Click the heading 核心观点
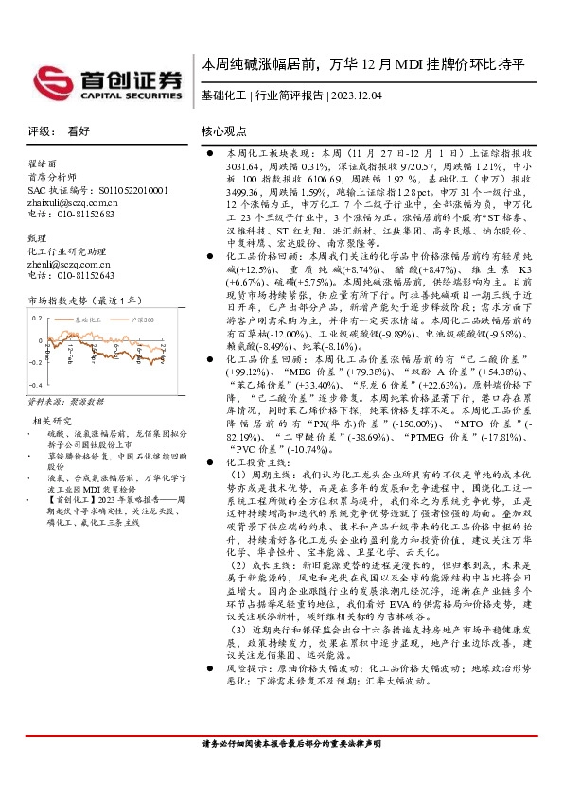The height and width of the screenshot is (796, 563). click(x=223, y=131)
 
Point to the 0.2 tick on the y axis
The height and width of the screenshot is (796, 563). click(x=38, y=318)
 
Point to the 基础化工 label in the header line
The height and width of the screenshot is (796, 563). click(x=223, y=95)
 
